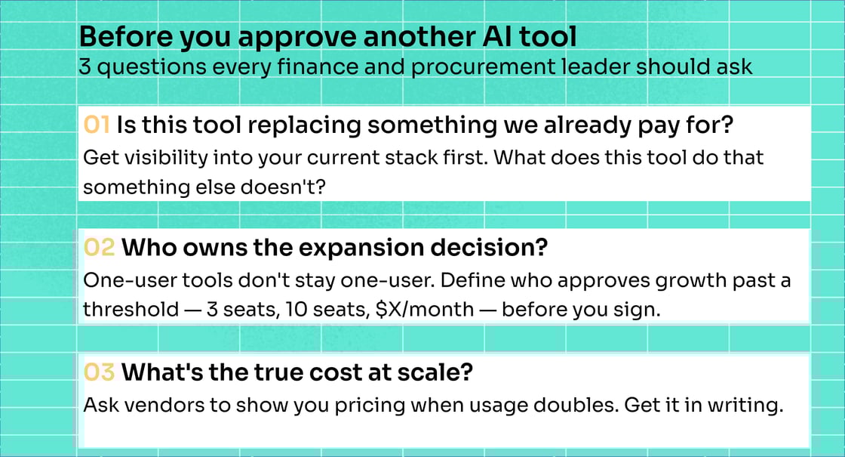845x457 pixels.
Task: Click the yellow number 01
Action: (x=97, y=125)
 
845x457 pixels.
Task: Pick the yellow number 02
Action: (x=99, y=247)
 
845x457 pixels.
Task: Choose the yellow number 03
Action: (x=99, y=372)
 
